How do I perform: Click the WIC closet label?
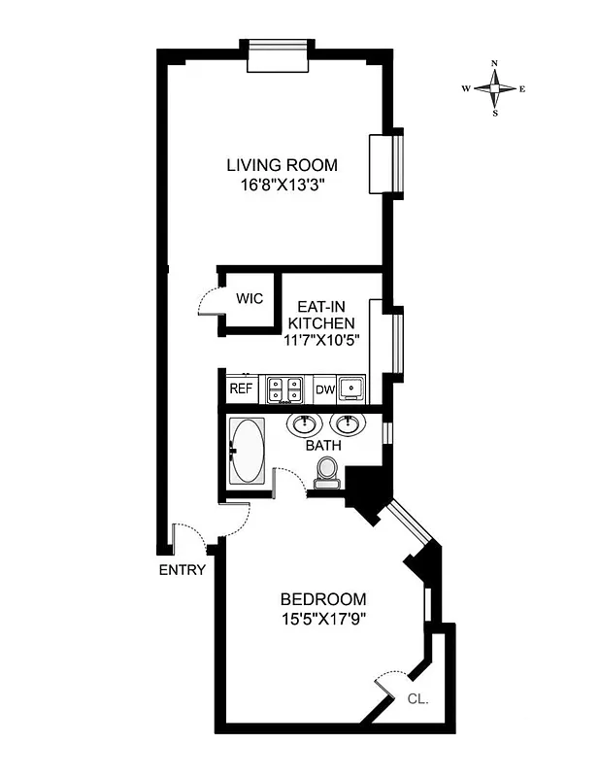(x=250, y=299)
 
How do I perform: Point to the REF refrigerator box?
(x=240, y=389)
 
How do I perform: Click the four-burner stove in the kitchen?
(x=284, y=389)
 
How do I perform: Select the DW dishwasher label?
(x=324, y=390)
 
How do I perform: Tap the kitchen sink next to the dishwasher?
(x=353, y=389)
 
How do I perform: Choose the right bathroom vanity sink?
(x=345, y=424)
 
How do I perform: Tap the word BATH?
(x=323, y=447)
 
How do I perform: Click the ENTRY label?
(x=182, y=570)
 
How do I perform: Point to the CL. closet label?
(x=417, y=698)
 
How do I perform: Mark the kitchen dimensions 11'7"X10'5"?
(x=318, y=341)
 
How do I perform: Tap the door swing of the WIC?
(x=209, y=303)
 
